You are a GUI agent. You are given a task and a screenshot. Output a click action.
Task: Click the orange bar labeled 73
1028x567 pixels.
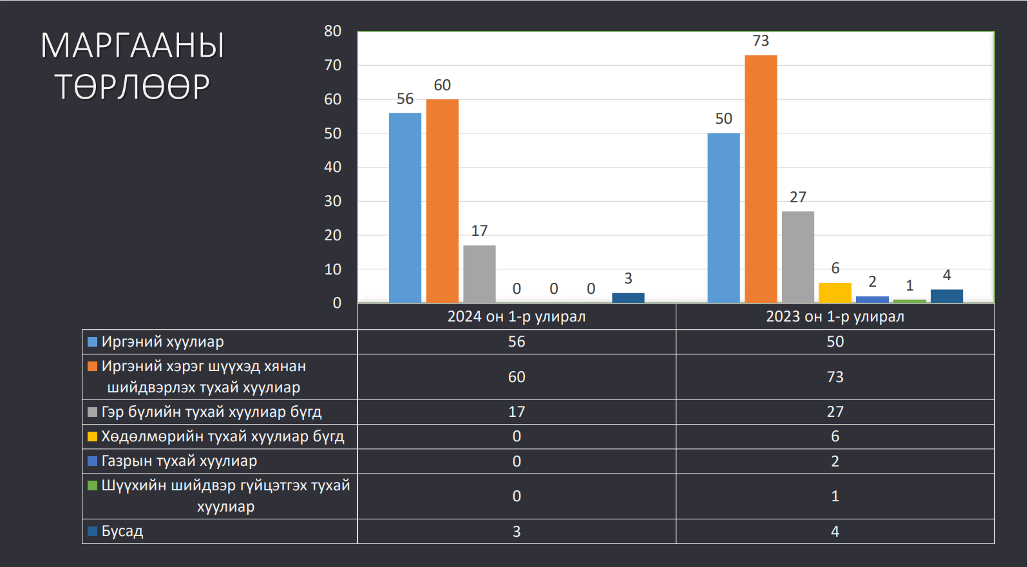coord(761,179)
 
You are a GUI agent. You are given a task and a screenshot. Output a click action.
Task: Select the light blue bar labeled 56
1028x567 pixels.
coord(405,208)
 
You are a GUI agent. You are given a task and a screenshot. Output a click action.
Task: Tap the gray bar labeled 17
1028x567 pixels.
coord(479,274)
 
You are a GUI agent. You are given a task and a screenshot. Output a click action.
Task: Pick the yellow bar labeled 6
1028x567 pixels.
coord(835,293)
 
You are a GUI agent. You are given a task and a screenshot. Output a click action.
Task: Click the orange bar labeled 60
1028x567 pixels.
coord(442,201)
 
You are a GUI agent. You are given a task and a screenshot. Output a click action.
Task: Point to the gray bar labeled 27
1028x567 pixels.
coord(797,257)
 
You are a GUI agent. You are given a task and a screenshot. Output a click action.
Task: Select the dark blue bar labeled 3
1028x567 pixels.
coord(628,298)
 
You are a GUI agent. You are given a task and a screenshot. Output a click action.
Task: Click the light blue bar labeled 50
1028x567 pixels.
coord(723,218)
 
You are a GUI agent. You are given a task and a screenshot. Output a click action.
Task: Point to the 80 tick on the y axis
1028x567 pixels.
coord(333,31)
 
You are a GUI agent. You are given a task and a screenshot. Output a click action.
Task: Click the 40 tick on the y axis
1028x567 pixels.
coord(333,167)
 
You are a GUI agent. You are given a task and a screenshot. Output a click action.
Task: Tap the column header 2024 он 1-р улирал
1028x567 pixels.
coord(517,316)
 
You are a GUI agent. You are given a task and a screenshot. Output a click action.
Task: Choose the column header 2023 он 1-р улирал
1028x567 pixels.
coord(835,316)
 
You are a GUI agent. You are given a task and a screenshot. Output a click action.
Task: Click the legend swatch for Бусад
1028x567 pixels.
coord(92,531)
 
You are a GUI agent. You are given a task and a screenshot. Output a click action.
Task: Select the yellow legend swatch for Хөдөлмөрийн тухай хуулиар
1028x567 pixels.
coord(92,436)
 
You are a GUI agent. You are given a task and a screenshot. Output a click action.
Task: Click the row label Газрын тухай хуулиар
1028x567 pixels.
coord(179,461)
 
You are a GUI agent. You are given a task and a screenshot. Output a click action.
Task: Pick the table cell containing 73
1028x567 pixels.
coord(835,377)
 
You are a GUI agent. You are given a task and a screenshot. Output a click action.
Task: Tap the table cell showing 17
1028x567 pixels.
coord(517,412)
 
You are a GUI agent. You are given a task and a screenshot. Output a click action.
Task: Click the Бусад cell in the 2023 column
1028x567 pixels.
coord(835,531)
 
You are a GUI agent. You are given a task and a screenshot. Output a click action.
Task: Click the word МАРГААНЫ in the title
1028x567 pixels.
coord(133,46)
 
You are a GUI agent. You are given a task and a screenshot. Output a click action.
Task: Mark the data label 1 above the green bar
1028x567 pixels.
coord(909,286)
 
